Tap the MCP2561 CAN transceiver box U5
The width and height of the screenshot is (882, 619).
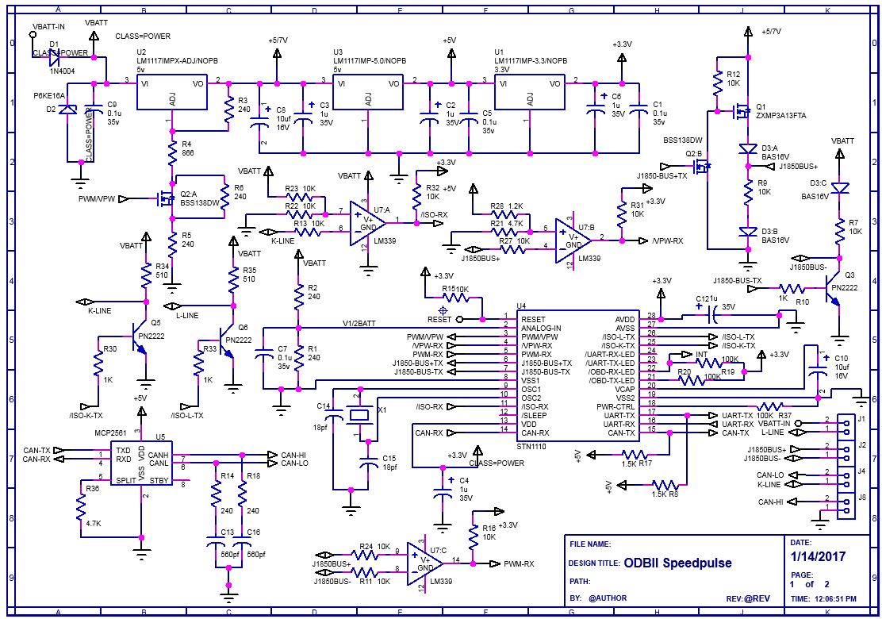(142, 464)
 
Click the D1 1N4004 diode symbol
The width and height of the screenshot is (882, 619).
(56, 57)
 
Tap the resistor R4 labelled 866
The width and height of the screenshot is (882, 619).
(172, 151)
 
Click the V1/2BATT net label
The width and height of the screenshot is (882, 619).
(359, 322)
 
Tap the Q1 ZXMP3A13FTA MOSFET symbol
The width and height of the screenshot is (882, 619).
(742, 112)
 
